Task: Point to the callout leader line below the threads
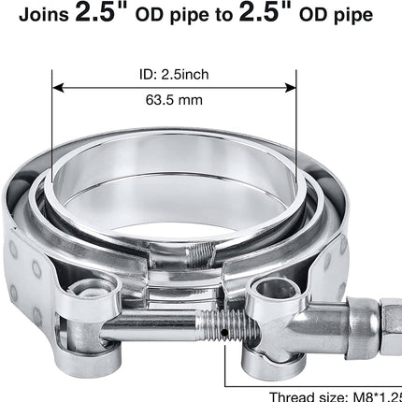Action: click(225, 369)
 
